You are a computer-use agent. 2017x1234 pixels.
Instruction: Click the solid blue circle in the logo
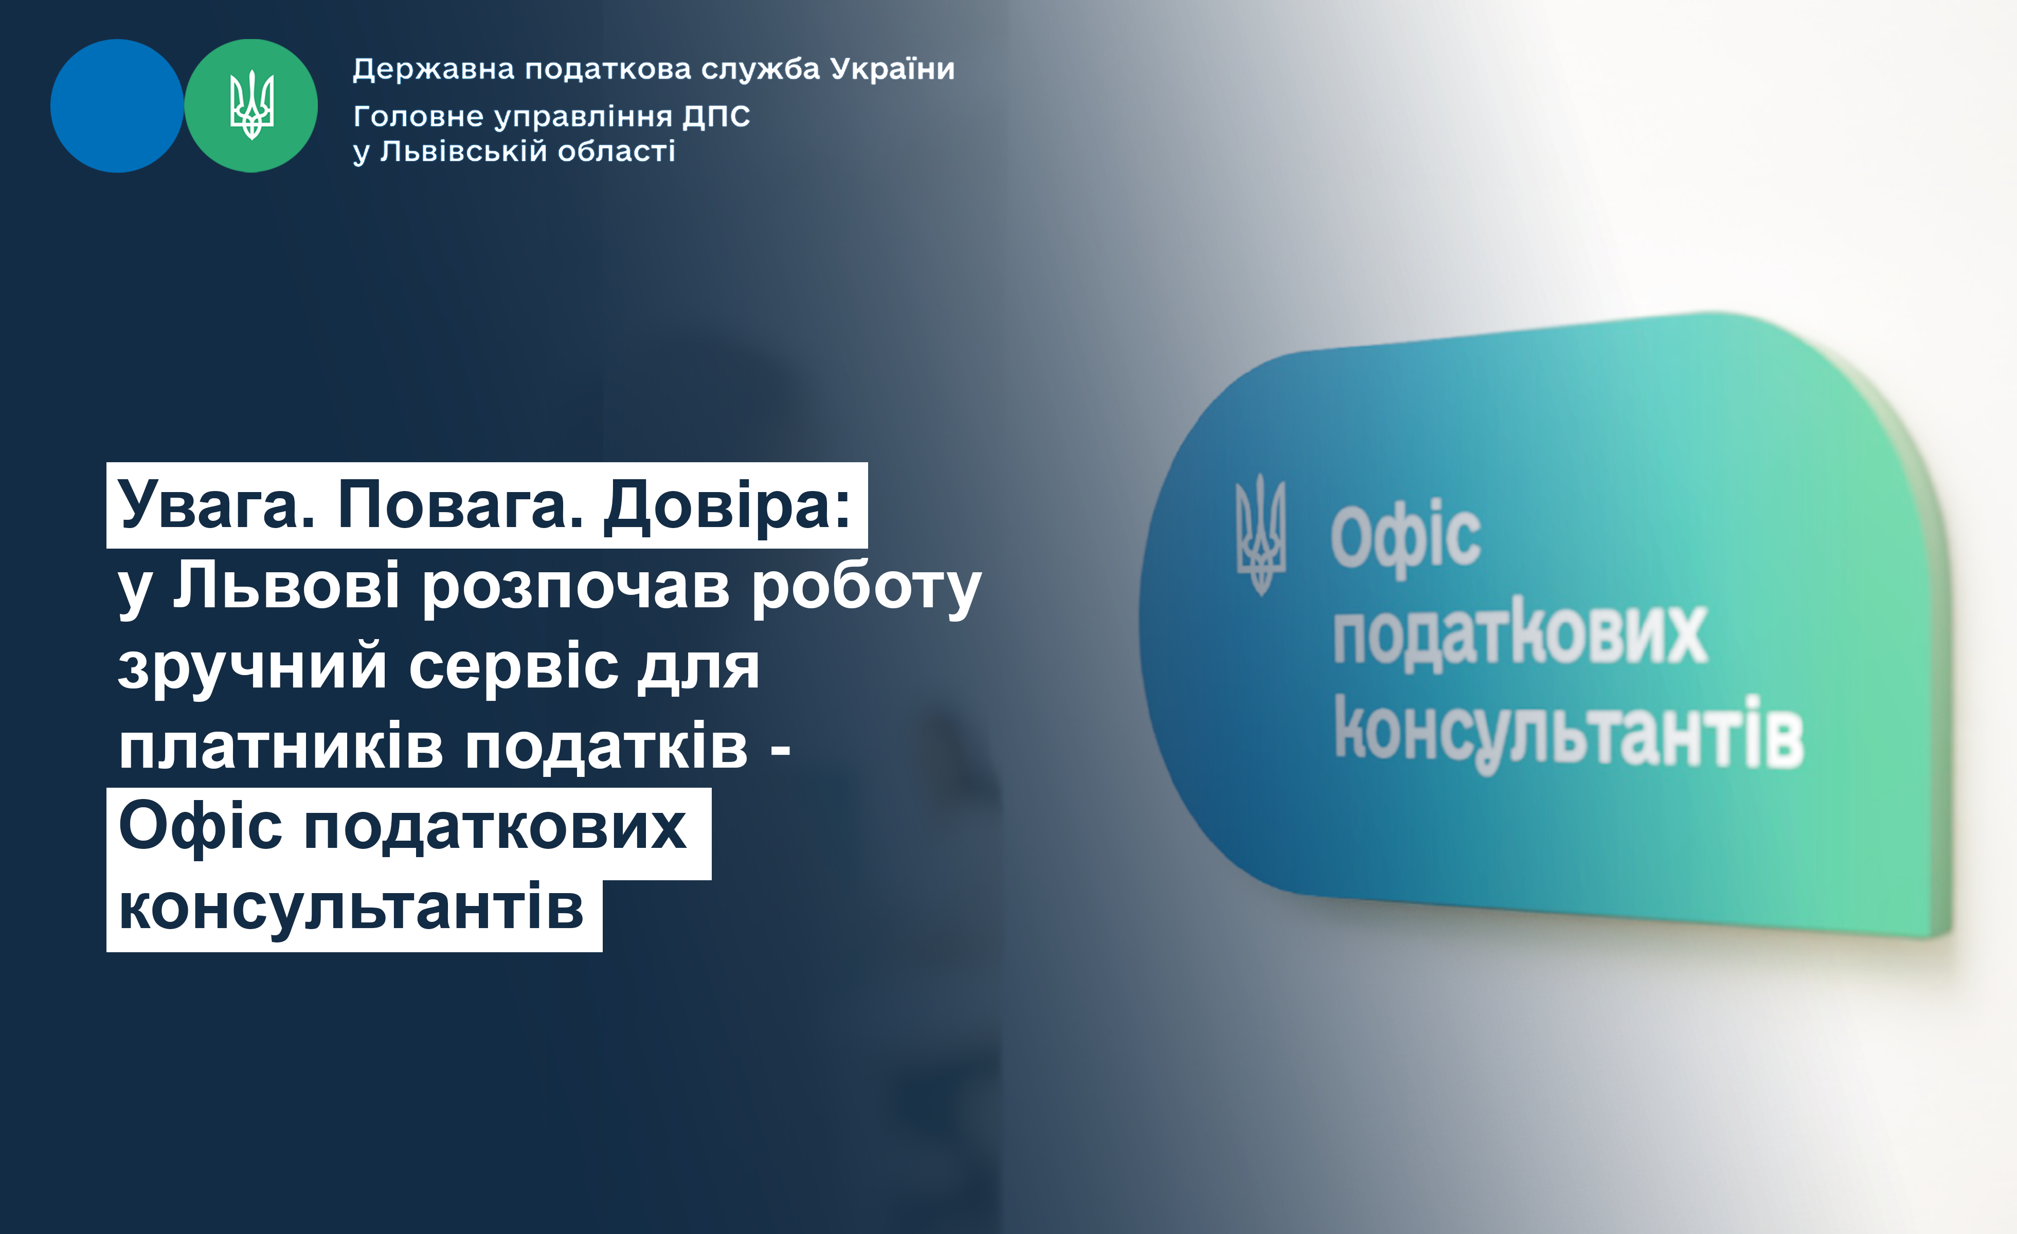coord(117,105)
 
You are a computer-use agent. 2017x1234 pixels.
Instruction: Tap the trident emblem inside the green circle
coord(251,105)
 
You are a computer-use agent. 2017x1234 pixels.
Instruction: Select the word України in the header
coord(892,69)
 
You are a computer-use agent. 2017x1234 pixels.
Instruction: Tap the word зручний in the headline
coord(252,667)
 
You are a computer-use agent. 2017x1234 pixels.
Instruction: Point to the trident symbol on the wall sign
coord(1260,534)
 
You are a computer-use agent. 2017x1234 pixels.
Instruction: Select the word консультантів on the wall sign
coord(1569,732)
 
